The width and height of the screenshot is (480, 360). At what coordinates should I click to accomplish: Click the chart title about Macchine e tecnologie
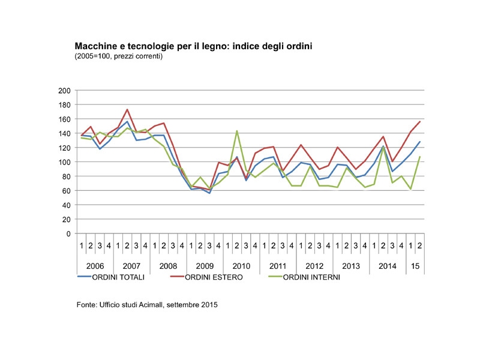[194, 46]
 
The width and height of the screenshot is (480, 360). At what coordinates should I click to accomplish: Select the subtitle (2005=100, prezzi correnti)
[119, 56]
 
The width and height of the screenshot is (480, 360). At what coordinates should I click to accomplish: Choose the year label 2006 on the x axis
[95, 265]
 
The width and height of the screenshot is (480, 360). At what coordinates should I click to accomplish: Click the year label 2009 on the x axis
[205, 265]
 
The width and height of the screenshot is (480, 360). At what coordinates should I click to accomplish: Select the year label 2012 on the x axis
[314, 265]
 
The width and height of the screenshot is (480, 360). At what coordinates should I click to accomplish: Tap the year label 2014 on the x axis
[388, 265]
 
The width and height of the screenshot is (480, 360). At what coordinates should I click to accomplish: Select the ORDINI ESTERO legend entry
[214, 277]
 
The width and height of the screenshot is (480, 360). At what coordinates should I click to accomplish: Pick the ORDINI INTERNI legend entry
[311, 277]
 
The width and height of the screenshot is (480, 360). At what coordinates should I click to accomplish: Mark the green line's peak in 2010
[237, 131]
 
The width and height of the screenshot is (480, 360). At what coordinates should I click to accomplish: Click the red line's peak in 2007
[127, 110]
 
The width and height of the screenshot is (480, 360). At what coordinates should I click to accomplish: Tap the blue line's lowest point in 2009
[209, 193]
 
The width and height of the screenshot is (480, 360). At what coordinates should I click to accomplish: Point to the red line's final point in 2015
[420, 122]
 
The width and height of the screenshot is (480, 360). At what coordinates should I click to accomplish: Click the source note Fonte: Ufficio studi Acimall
[146, 305]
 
